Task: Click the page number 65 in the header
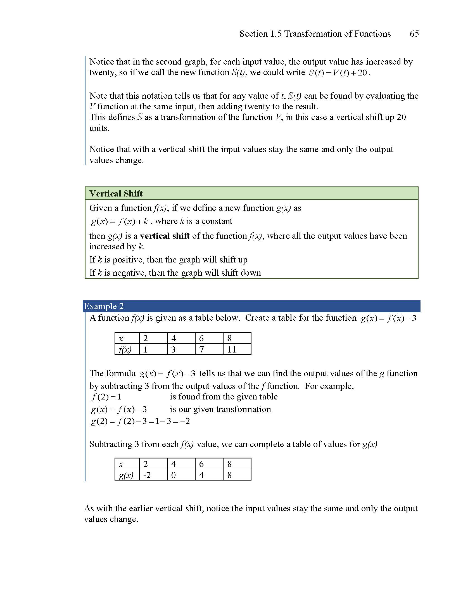click(414, 34)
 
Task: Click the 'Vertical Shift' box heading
click(116, 193)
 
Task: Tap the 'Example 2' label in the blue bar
click(104, 306)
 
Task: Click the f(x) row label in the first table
click(125, 350)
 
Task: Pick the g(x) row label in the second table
click(125, 475)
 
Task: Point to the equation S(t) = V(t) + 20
click(338, 73)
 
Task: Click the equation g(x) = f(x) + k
click(119, 221)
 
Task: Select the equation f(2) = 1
click(106, 397)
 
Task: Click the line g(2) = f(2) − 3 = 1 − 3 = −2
click(140, 421)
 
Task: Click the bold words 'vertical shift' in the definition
click(165, 236)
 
